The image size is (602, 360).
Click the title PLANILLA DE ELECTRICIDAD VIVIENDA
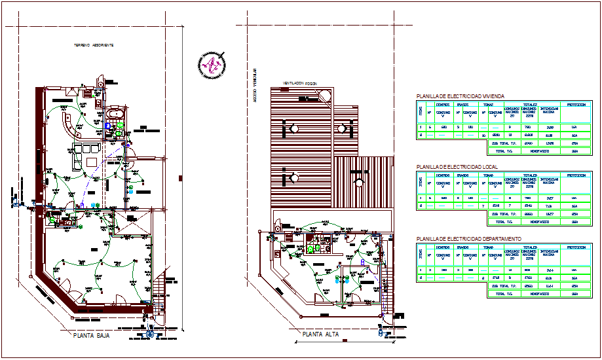(x=460, y=96)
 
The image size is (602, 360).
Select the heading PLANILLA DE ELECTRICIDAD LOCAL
(x=457, y=168)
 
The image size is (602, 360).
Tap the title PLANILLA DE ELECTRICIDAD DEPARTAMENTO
(x=469, y=239)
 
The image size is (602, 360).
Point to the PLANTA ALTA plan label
(x=321, y=334)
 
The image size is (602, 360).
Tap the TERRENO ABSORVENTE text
(x=94, y=45)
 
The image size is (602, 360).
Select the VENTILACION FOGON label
(x=299, y=83)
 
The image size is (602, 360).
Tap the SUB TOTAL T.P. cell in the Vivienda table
(x=502, y=143)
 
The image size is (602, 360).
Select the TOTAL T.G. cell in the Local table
(x=502, y=221)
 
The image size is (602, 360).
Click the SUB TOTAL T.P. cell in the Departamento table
(x=502, y=285)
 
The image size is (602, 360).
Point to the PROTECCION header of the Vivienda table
(x=576, y=103)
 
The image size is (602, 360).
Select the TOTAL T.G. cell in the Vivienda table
(x=502, y=150)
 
